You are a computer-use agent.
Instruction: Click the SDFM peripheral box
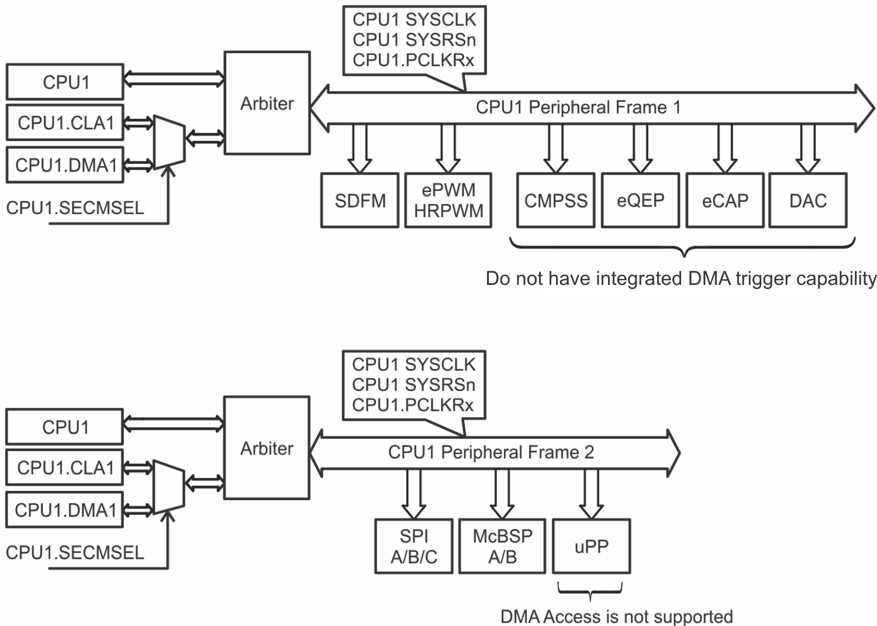[360, 200]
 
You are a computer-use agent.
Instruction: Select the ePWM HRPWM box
[448, 200]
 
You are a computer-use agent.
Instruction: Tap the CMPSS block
[555, 200]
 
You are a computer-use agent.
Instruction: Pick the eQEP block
[640, 200]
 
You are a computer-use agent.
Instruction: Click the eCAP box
[724, 200]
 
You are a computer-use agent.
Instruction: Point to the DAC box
[808, 200]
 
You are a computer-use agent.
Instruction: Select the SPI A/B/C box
[413, 546]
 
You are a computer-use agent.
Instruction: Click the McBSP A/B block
[502, 546]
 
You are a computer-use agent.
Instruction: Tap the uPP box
[591, 546]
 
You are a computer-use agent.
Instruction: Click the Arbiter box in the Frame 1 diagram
[267, 103]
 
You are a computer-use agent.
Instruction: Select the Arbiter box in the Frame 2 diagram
[267, 448]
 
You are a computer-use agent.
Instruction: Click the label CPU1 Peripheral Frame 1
[578, 108]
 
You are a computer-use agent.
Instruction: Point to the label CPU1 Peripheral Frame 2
[491, 452]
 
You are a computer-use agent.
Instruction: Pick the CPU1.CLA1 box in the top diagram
[65, 123]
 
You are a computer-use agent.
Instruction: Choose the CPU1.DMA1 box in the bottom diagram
[65, 510]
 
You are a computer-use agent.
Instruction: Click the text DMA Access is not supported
[616, 616]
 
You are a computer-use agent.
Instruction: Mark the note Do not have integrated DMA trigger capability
[681, 278]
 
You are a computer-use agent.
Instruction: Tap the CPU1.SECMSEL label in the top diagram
[75, 208]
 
